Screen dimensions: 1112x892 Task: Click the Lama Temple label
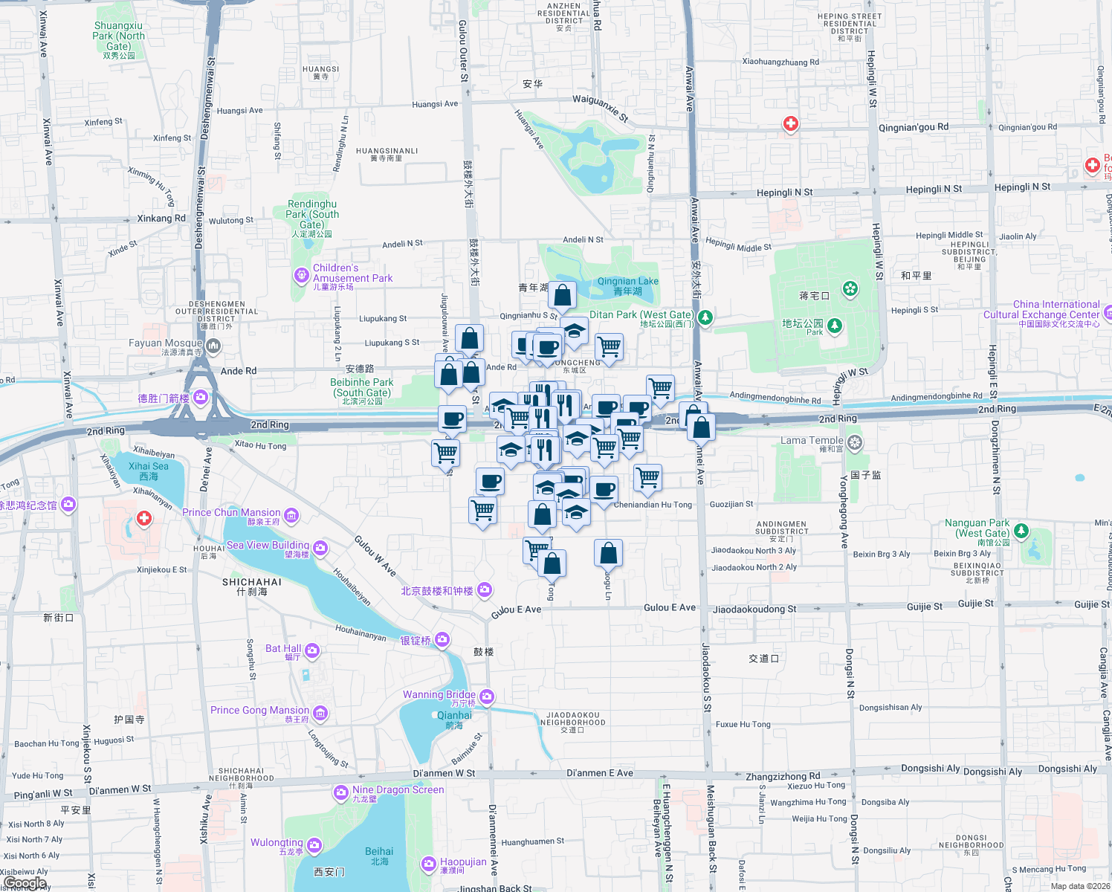pos(812,441)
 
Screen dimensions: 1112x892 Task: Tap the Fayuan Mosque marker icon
pos(214,346)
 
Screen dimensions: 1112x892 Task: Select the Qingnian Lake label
pos(628,286)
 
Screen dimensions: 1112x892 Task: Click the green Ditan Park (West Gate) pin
pos(705,318)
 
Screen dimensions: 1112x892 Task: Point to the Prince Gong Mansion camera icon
pos(320,714)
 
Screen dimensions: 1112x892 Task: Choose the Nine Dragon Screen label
pos(398,789)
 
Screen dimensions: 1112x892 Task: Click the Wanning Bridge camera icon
pos(487,697)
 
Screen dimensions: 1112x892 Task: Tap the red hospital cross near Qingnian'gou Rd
pos(791,124)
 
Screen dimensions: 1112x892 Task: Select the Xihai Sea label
pos(149,471)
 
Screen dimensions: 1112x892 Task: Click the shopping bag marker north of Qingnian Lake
pos(563,296)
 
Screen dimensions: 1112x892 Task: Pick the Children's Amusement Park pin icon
pos(301,276)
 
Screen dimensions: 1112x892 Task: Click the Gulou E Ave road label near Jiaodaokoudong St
pos(669,608)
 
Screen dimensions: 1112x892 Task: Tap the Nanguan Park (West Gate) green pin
pos(1021,531)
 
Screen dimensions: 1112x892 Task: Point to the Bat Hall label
pos(283,649)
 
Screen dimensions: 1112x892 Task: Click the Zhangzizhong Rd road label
pos(783,776)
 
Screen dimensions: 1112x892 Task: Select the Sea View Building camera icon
pos(320,549)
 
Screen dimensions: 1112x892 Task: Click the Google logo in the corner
pos(25,883)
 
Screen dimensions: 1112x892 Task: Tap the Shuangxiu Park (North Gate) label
pos(119,36)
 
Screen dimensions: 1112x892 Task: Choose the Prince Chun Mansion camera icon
pos(291,516)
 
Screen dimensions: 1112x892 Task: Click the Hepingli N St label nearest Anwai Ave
pos(784,193)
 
